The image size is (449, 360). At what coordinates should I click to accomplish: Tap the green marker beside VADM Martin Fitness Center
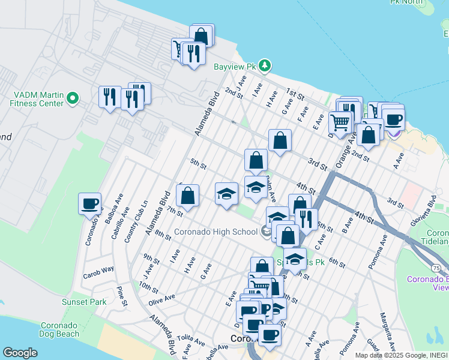[73, 97]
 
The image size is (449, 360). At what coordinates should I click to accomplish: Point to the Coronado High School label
[215, 232]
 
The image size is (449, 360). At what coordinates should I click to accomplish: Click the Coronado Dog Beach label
[59, 329]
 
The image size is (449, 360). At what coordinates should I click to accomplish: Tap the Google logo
[20, 353]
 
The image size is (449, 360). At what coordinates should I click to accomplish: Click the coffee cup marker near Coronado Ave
[90, 203]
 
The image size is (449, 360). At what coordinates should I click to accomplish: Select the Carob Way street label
[99, 269]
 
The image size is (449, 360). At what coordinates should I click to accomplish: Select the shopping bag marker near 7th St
[187, 195]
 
